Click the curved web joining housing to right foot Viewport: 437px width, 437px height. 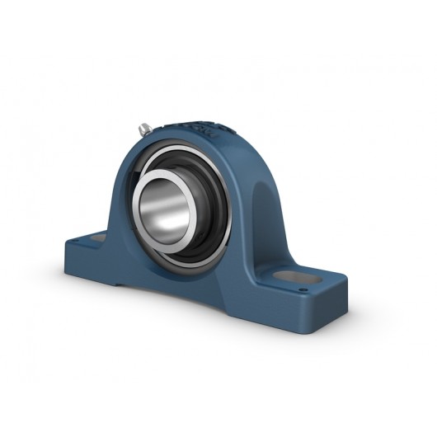(247, 264)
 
